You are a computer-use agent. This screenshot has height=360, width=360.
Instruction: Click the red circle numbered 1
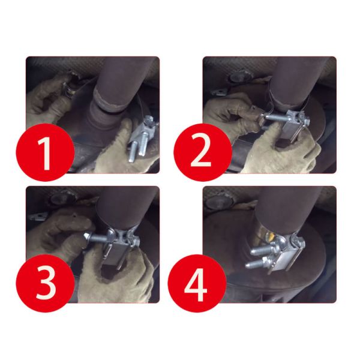pos(45,152)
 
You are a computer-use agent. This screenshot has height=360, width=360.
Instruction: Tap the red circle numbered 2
pos(203,152)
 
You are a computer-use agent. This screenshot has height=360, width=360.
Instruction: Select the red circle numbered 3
pos(45,283)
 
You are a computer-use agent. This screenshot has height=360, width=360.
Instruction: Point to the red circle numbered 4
pos(197,283)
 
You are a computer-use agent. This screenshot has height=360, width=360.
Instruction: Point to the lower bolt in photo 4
pos(256,263)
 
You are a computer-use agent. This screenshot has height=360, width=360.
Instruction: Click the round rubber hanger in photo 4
pos(219,202)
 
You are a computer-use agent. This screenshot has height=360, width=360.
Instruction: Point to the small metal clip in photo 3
pos(38,216)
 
